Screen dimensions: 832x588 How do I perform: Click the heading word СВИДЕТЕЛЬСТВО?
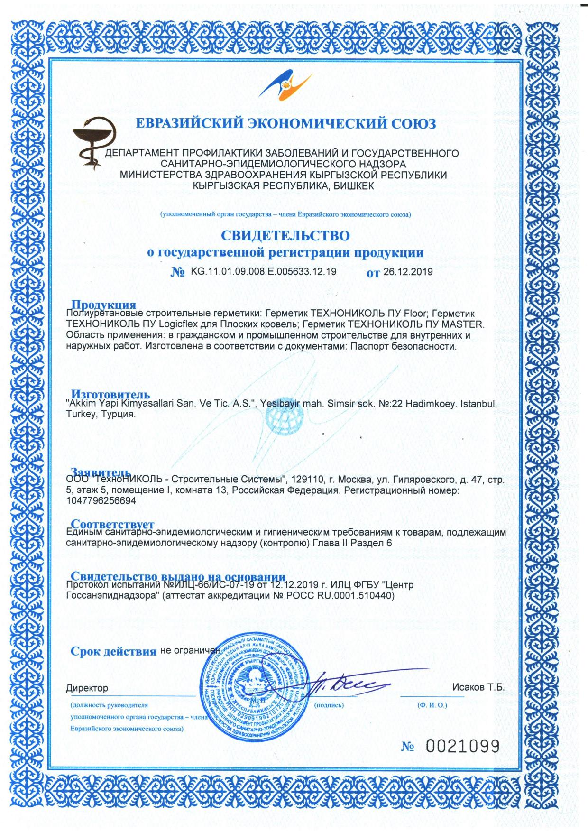pyautogui.click(x=285, y=235)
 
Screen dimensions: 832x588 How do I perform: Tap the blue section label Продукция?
pyautogui.click(x=103, y=305)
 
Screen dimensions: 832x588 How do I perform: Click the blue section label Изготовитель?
pyautogui.click(x=110, y=394)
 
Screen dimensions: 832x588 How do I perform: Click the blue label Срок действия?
pyautogui.click(x=113, y=651)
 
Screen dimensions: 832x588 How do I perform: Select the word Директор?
pyautogui.click(x=87, y=688)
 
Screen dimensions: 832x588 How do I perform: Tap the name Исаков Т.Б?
pyautogui.click(x=479, y=687)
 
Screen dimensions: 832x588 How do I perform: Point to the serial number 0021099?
pyautogui.click(x=463, y=747)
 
